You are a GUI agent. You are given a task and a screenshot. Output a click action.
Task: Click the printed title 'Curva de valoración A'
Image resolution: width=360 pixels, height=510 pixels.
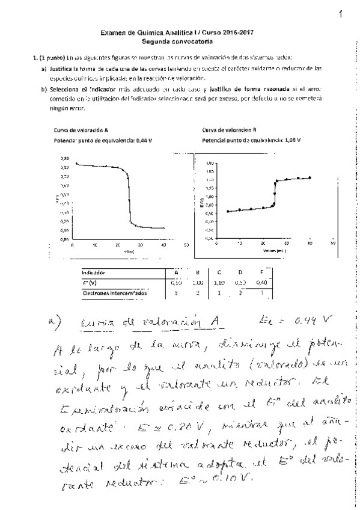[81, 130]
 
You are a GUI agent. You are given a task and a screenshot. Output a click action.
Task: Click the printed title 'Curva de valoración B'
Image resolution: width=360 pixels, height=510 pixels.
[230, 130]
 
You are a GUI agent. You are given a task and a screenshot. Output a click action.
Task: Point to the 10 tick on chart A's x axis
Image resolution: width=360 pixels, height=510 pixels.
[95, 245]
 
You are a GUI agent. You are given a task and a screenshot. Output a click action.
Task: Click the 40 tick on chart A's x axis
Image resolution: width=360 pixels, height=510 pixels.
[163, 245]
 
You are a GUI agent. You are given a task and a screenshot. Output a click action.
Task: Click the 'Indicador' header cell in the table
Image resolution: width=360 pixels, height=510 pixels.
[93, 272]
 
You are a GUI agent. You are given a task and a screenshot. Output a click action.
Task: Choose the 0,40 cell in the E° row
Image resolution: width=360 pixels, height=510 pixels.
[261, 283]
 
